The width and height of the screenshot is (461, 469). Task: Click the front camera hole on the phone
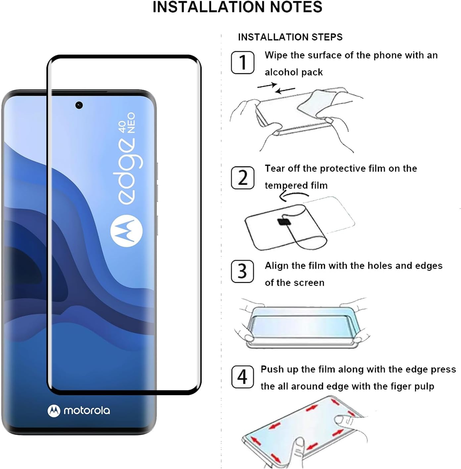[79, 105]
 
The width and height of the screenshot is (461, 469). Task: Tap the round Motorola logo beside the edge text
[126, 231]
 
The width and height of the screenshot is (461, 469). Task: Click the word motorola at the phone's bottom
[86, 411]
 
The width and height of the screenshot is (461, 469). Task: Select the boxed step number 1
[242, 63]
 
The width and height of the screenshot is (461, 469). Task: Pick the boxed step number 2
[242, 178]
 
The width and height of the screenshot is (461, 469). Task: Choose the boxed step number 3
[242, 271]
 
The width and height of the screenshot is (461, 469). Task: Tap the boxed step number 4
[242, 377]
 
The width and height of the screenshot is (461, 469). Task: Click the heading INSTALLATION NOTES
[237, 7]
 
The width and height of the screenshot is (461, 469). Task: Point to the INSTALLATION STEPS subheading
[290, 37]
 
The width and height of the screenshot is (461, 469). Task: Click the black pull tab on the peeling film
[284, 221]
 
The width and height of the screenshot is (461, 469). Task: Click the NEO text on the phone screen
[131, 123]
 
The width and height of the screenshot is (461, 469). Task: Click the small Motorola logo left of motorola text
[54, 411]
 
